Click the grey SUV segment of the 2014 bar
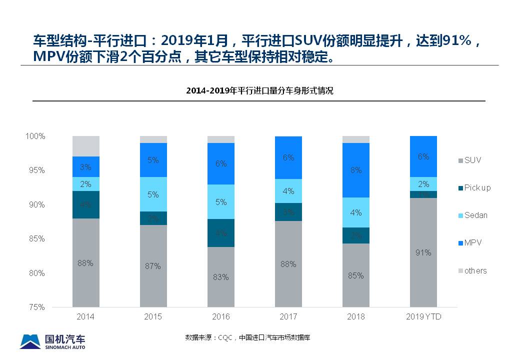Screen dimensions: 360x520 tap(85, 262)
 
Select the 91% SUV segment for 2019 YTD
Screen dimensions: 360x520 tap(423, 252)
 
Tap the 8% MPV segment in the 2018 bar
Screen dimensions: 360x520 tap(355, 170)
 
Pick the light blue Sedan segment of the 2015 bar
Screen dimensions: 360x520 tap(153, 194)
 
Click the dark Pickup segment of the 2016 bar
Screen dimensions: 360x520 tap(220, 233)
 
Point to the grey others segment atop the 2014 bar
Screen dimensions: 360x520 tap(85, 146)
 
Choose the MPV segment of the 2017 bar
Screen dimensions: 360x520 tap(288, 157)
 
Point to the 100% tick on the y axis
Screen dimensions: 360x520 tap(35, 136)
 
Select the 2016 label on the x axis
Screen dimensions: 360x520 tap(220, 317)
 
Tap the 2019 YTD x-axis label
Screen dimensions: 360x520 tap(423, 317)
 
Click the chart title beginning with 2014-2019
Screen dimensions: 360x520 tap(259, 91)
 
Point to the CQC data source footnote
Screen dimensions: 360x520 tap(248, 337)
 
